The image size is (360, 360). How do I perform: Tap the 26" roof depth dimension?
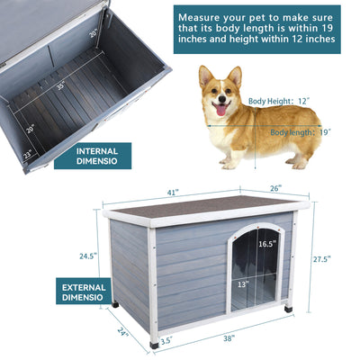coord(275,188)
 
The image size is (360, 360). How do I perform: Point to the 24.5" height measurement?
coord(87,256)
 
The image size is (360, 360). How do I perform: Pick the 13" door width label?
coord(243,283)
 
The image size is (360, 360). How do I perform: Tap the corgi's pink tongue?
coord(218,111)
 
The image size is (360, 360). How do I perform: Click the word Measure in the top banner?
coord(204,17)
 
